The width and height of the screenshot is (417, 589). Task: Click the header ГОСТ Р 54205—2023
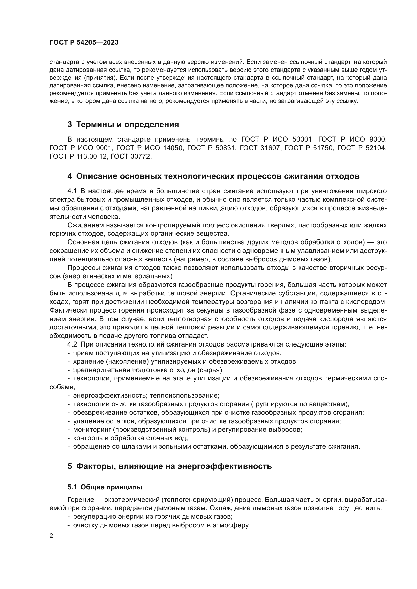click(84, 43)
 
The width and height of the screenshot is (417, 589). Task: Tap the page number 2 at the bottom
click(51, 536)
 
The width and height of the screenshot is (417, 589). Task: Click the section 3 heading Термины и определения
click(123, 125)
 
